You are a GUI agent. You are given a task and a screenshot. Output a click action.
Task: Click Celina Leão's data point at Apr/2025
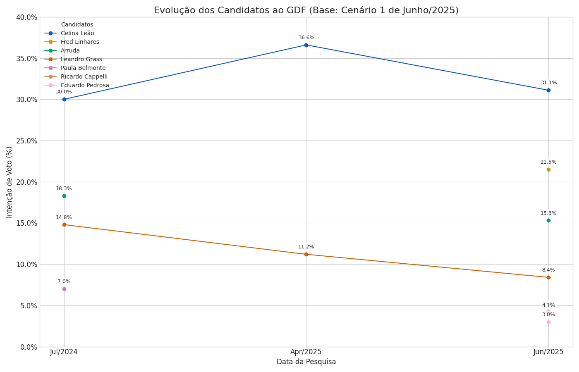click(306, 45)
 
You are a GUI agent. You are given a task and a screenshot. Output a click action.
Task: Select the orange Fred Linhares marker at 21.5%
click(548, 169)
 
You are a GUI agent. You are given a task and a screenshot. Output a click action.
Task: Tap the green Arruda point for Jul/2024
click(64, 196)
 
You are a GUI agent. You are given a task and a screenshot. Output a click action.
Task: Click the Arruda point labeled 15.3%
click(548, 220)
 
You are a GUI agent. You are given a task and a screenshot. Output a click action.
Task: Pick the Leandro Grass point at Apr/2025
click(306, 254)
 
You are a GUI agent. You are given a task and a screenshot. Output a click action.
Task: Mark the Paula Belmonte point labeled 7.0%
click(64, 289)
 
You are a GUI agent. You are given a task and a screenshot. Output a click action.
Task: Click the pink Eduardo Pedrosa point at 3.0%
click(548, 322)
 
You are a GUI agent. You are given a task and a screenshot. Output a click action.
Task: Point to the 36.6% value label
click(306, 38)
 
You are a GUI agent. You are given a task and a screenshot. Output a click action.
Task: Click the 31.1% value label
click(548, 83)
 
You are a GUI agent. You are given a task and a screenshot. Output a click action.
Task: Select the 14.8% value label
click(64, 217)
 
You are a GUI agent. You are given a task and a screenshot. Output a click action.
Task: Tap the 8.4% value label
click(548, 270)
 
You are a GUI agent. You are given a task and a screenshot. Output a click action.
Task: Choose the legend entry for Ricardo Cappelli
click(84, 77)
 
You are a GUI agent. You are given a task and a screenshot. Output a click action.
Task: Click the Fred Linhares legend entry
click(80, 42)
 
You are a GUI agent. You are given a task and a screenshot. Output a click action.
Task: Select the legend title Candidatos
click(77, 25)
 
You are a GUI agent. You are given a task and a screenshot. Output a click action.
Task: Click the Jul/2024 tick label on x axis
click(64, 352)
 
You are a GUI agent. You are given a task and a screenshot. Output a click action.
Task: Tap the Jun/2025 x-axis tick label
click(548, 352)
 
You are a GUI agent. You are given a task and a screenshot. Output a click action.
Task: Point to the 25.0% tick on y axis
click(26, 141)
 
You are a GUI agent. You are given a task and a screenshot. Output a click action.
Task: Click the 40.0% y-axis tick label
click(26, 17)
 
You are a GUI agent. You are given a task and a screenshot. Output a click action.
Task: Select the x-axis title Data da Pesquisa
click(306, 362)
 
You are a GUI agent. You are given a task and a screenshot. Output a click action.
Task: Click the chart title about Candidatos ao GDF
click(306, 10)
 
